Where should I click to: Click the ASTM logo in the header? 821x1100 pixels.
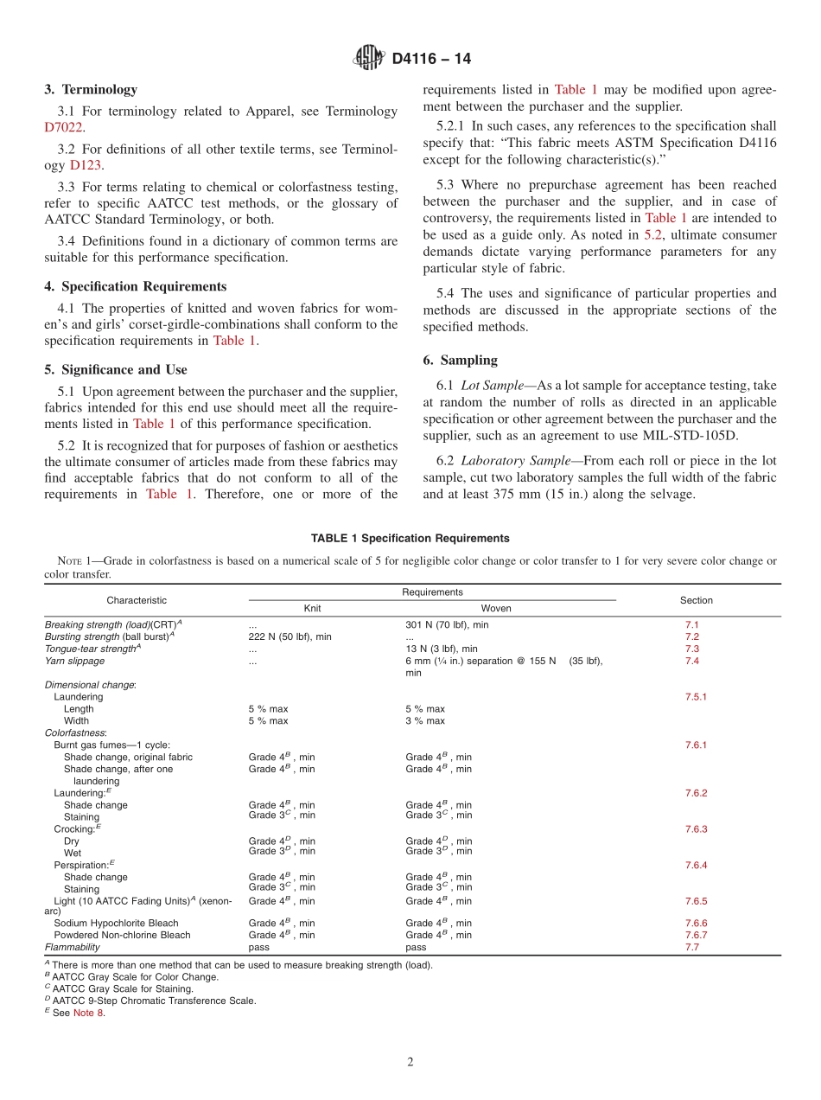click(368, 58)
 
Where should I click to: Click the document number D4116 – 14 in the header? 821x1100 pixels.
click(431, 59)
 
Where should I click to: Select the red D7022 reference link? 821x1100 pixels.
click(64, 127)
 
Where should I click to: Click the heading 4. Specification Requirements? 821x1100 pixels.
click(135, 286)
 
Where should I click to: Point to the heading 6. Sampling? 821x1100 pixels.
click(460, 360)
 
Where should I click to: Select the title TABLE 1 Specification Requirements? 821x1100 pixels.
click(410, 538)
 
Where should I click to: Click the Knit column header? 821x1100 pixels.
click(312, 608)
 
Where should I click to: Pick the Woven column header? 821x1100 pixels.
click(495, 608)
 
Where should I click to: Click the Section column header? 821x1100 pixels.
click(696, 600)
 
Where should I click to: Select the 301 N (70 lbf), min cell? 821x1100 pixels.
click(447, 624)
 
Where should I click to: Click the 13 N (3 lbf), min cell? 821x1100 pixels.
click(441, 649)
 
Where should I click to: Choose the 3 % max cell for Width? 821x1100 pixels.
click(425, 720)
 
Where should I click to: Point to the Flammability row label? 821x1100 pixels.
click(73, 947)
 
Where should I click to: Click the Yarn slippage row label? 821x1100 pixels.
click(74, 661)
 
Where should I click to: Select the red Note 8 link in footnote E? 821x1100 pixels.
click(88, 1013)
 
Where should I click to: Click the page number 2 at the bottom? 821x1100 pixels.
click(410, 1062)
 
